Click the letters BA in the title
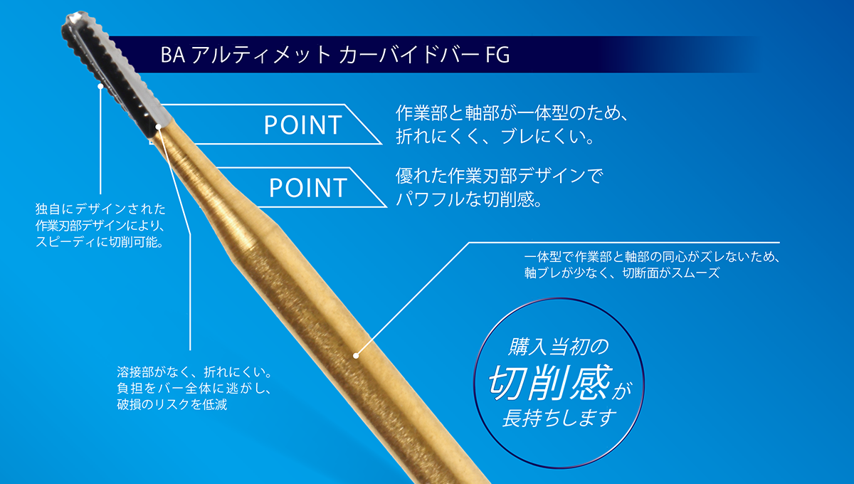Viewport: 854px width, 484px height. [173, 55]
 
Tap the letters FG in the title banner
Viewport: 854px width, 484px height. [497, 55]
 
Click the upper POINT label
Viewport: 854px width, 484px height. [303, 125]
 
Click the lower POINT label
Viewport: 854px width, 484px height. [308, 188]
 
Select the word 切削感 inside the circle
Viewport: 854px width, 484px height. [549, 383]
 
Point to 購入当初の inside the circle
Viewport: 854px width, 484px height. [558, 347]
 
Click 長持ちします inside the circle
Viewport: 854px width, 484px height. [559, 418]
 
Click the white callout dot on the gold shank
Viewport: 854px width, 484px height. [356, 355]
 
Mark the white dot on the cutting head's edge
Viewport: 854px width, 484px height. [100, 86]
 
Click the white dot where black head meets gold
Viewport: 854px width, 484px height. [159, 126]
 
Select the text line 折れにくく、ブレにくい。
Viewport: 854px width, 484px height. [495, 137]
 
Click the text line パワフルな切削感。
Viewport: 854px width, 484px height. [469, 199]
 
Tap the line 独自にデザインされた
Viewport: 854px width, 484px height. [100, 209]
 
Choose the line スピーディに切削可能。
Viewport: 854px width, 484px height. [100, 242]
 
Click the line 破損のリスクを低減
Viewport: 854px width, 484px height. [172, 404]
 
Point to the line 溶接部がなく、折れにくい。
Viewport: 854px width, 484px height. [195, 372]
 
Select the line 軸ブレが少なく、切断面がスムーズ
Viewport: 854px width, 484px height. [622, 273]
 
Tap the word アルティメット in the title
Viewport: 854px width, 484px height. [261, 55]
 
